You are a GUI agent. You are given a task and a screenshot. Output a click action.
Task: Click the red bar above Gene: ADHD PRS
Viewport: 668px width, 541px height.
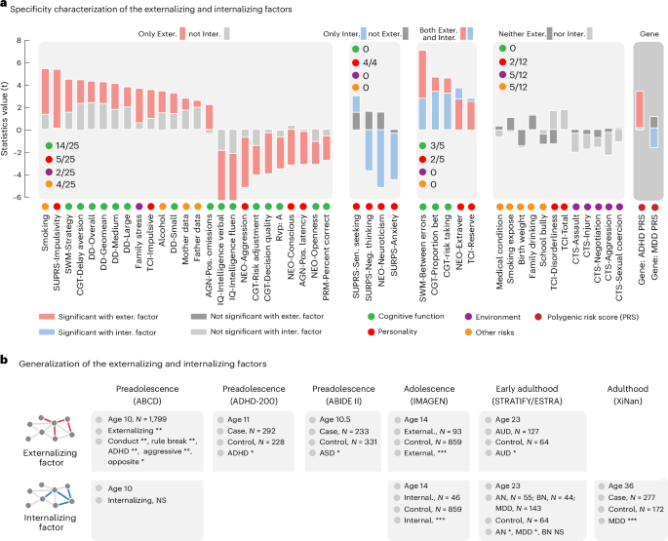tap(639, 108)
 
